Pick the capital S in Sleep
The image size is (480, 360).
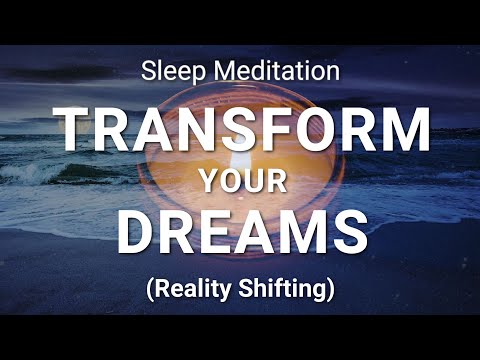pyautogui.click(x=147, y=72)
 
